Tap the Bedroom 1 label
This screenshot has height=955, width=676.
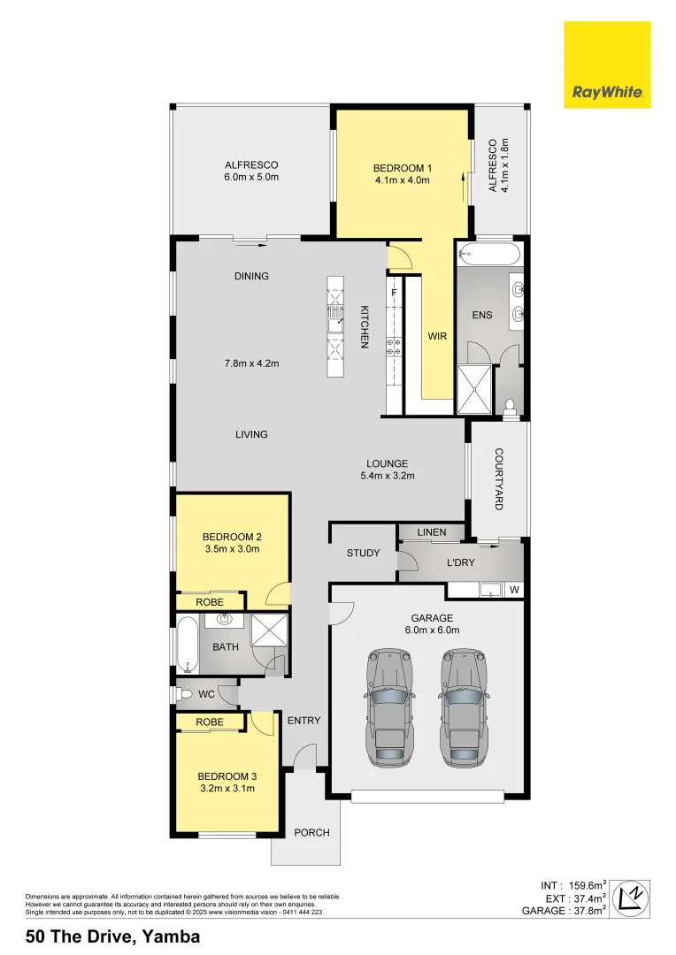402,168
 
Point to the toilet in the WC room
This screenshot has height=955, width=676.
183,694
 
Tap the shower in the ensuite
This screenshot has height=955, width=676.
474,389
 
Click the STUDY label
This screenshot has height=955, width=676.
363,554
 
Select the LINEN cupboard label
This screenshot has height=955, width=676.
431,532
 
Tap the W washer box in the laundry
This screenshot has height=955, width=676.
514,590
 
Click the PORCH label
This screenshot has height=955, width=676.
311,832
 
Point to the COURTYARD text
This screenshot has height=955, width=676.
498,478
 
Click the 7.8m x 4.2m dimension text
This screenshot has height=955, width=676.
251,363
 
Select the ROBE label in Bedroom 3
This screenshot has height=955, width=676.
210,722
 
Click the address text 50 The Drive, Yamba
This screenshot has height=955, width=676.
112,936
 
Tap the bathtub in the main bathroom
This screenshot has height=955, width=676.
188,645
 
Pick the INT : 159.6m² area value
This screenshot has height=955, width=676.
572,885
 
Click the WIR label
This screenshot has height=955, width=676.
437,337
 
